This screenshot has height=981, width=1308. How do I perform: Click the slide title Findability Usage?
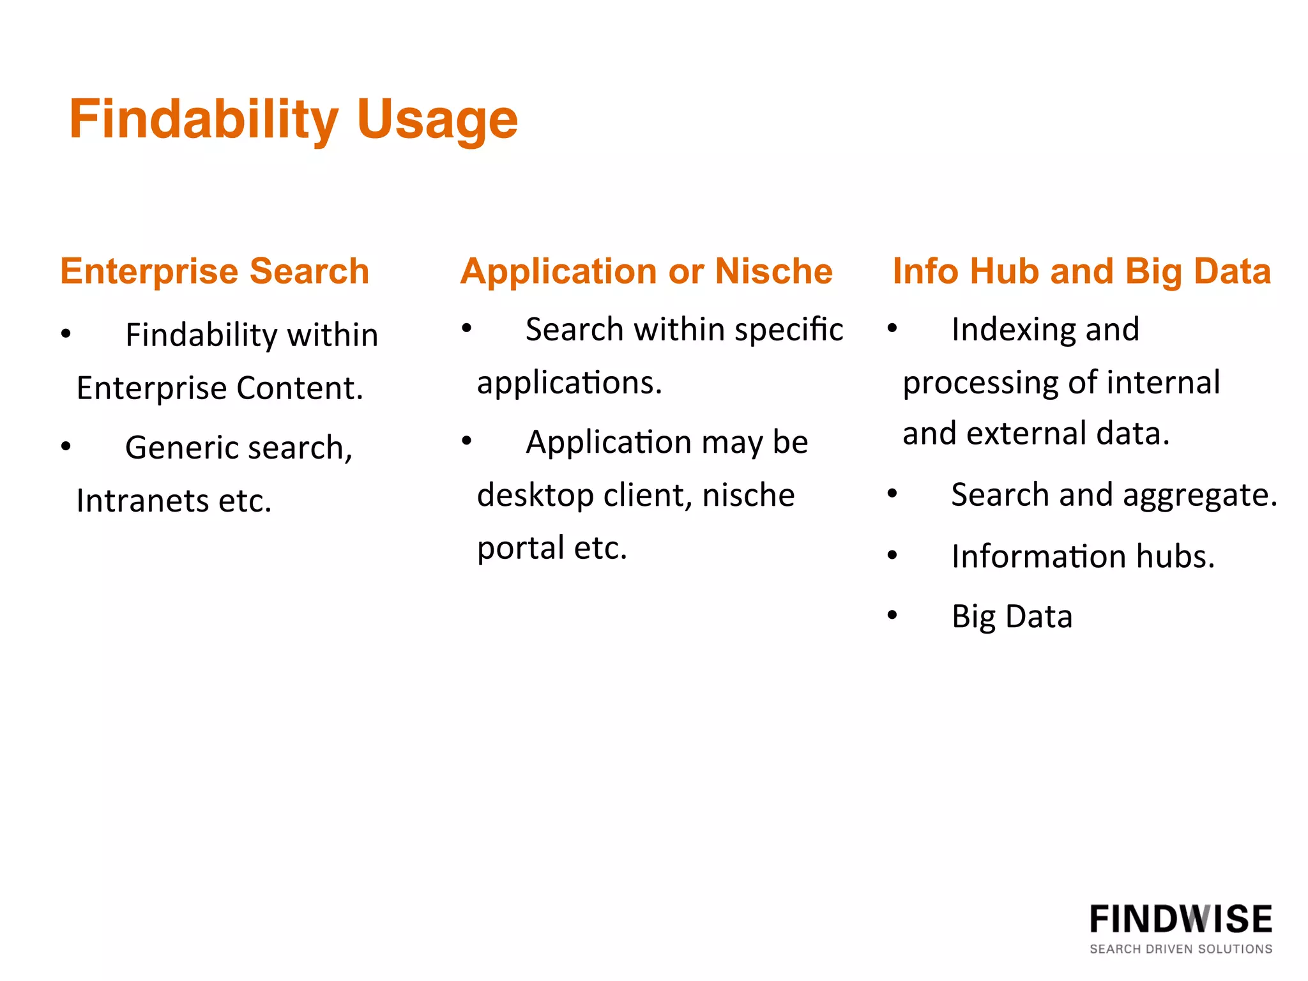pos(293,119)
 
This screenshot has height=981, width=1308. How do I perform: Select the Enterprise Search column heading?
pos(215,271)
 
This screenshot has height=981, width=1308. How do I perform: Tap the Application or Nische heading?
pos(646,271)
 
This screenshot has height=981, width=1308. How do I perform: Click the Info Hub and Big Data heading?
pos(1081,271)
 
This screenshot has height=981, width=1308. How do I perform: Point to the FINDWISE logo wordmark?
pos(1181,919)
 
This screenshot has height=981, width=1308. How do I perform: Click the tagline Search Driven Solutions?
pos(1181,949)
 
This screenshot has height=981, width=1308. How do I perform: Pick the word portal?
pos(521,548)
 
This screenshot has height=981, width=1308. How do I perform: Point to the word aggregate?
pos(1199,495)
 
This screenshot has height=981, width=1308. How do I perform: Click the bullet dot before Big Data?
pos(892,615)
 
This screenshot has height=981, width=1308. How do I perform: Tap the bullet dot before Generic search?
pos(66,446)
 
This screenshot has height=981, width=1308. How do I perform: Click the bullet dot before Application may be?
pos(467,440)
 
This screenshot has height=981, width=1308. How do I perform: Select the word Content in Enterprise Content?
pos(300,388)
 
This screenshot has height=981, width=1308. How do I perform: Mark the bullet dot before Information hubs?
pos(892,555)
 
